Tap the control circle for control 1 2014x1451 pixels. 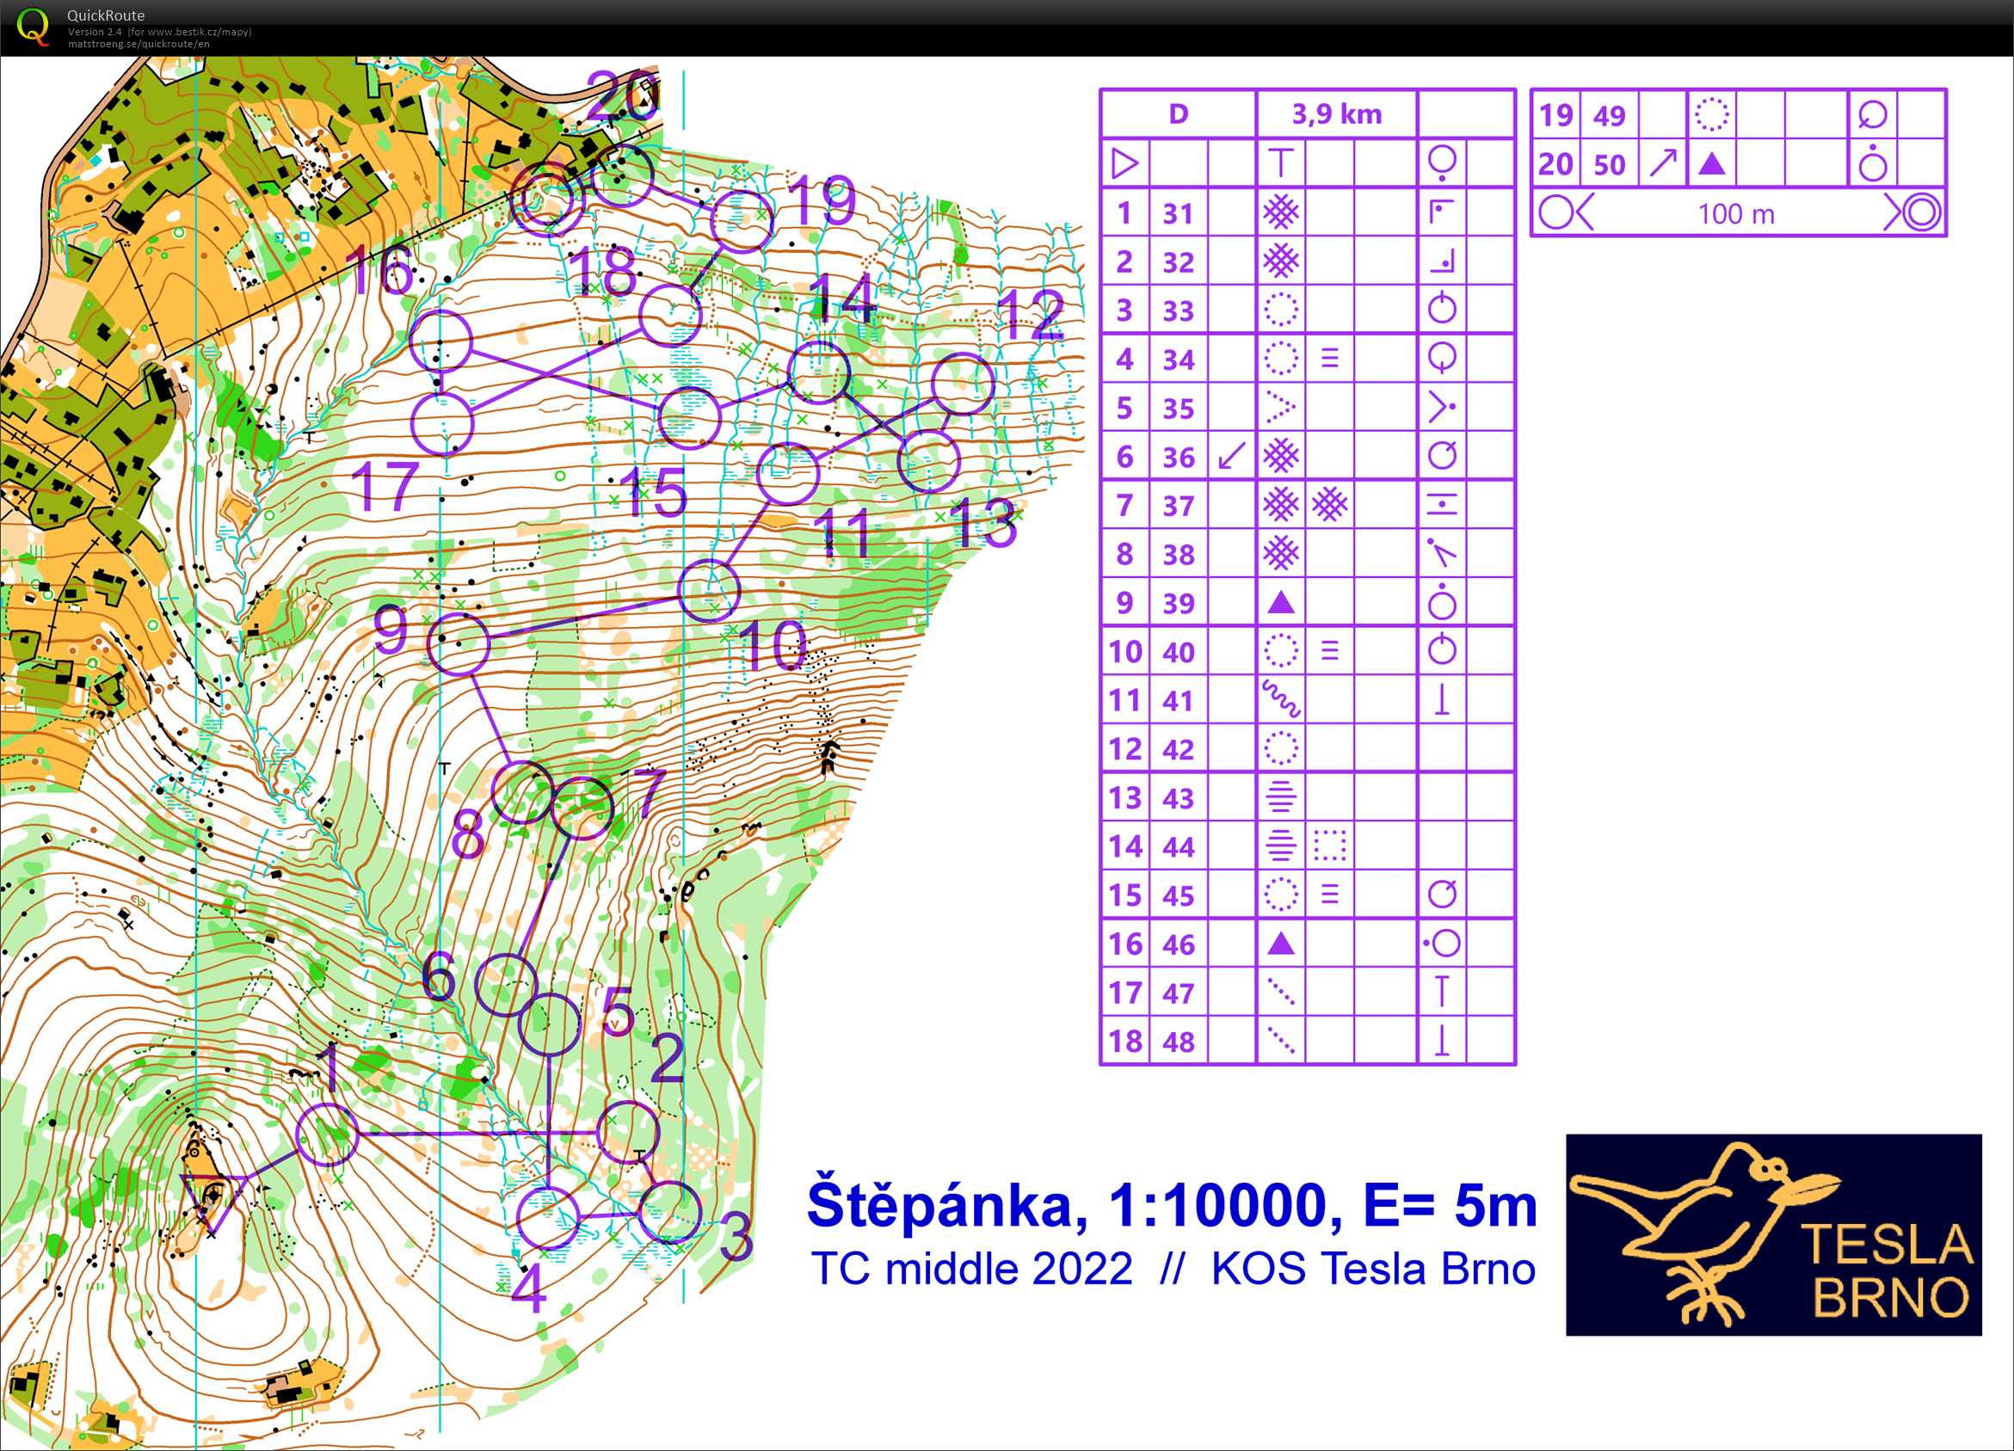coord(327,1134)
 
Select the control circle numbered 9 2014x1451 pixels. coord(459,642)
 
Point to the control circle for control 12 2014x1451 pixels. coord(963,384)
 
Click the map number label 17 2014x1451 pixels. coord(385,486)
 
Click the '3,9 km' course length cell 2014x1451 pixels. coord(1335,114)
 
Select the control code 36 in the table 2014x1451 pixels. coord(1179,458)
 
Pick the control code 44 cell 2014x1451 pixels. coord(1179,847)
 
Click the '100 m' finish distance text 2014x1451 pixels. coord(1736,214)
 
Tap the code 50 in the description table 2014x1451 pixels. coord(1609,164)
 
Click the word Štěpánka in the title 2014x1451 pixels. coord(946,1205)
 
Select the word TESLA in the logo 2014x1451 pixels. coord(1887,1244)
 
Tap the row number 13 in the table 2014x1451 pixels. coord(1125,798)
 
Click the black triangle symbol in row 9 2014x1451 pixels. coord(1280,603)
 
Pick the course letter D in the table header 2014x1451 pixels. coord(1179,114)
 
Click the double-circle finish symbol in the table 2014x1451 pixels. coord(1922,213)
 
